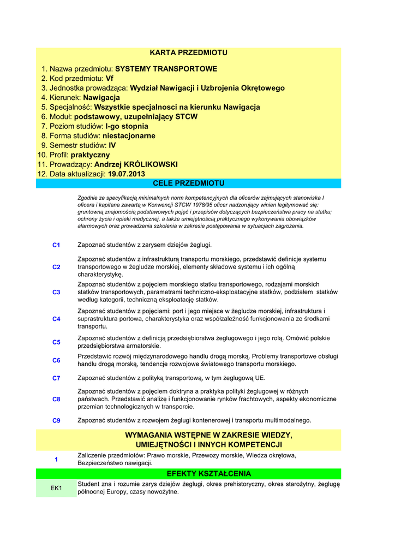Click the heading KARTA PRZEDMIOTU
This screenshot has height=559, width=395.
(x=188, y=53)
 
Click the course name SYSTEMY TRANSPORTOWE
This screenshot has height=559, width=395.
(x=166, y=69)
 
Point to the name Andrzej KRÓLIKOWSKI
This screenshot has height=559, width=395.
(x=136, y=164)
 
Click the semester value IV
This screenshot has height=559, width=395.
(x=112, y=145)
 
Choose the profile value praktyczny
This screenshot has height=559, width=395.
(x=91, y=155)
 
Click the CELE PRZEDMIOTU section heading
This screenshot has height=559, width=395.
(x=188, y=183)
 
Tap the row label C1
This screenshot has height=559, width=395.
(x=56, y=246)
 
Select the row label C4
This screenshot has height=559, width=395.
(x=56, y=319)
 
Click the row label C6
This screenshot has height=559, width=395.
(x=56, y=360)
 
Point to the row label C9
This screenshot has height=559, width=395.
(x=56, y=421)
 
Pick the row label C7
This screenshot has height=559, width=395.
(x=56, y=378)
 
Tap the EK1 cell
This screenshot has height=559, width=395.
(x=56, y=488)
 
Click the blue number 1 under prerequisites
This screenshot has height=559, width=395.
(x=56, y=460)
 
